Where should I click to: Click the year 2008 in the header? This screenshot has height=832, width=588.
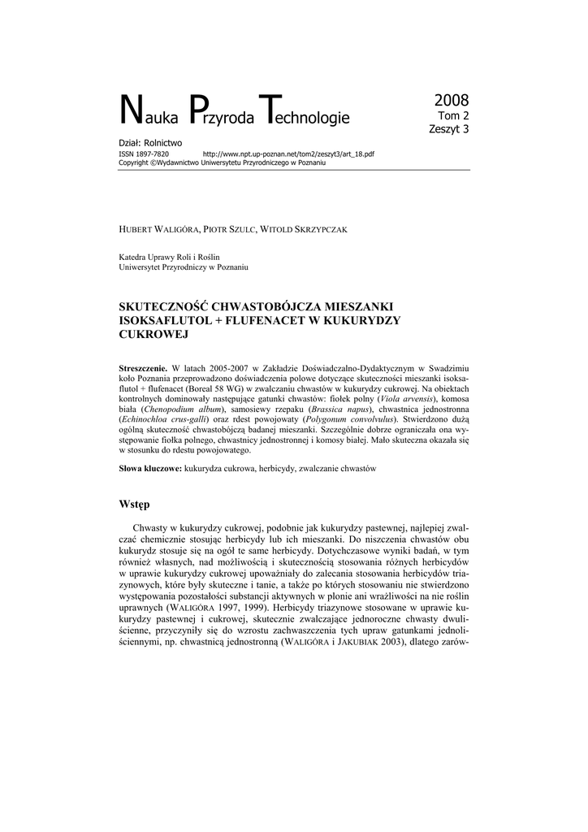pyautogui.click(x=452, y=101)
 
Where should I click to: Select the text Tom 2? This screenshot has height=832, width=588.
pyautogui.click(x=454, y=116)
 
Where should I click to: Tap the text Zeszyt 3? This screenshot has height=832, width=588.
pyautogui.click(x=449, y=128)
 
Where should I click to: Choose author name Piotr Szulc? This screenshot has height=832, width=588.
pyautogui.click(x=231, y=230)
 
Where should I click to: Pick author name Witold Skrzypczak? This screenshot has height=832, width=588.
pyautogui.click(x=305, y=230)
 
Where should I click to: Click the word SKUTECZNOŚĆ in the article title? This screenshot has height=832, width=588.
pyautogui.click(x=163, y=307)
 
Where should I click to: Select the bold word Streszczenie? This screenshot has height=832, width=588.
pyautogui.click(x=143, y=369)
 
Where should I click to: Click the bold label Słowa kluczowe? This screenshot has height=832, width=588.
pyautogui.click(x=150, y=470)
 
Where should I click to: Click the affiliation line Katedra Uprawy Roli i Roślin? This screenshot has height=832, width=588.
pyautogui.click(x=169, y=257)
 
